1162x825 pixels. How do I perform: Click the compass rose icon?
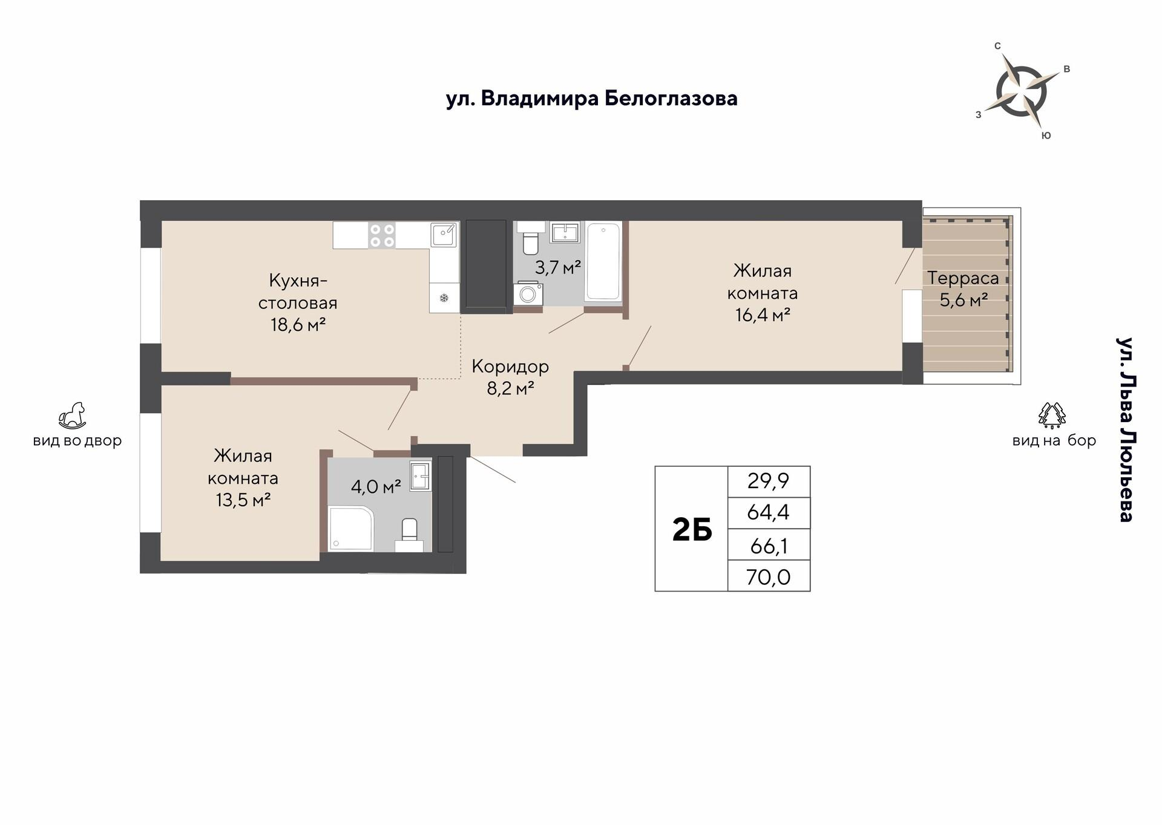[1021, 92]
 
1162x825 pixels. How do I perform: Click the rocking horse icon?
[72, 416]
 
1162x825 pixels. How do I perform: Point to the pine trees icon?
[1052, 415]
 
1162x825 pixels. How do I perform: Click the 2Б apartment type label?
[692, 530]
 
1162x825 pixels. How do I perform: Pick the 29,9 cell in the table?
[769, 481]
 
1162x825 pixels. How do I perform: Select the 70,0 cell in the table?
[769, 576]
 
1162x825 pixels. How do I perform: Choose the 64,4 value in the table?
[769, 512]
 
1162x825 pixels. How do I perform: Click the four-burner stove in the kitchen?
[382, 235]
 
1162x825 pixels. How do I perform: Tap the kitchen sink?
[444, 235]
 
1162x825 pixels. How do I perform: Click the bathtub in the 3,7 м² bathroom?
[603, 261]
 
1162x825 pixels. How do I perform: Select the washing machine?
[528, 293]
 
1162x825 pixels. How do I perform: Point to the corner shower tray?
[350, 529]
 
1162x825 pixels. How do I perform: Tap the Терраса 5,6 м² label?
[963, 289]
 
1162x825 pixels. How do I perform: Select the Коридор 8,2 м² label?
[510, 377]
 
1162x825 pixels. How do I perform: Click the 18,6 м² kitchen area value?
[298, 325]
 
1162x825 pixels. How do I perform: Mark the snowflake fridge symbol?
[444, 298]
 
